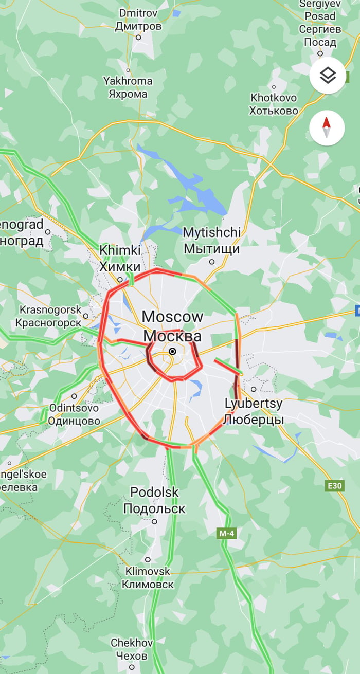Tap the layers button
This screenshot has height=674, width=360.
tap(328, 76)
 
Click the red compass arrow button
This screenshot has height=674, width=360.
tap(327, 127)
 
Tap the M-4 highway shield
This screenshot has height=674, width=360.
tap(227, 534)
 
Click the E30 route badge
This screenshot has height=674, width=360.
tap(335, 486)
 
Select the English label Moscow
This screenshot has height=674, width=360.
tap(172, 317)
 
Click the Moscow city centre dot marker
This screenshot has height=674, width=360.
tap(172, 351)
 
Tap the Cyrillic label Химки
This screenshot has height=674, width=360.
tap(120, 267)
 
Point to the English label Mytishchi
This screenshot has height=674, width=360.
tap(212, 232)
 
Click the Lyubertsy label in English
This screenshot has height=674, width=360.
tap(254, 404)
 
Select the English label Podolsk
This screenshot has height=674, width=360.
tap(154, 492)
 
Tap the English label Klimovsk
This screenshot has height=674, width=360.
tap(148, 571)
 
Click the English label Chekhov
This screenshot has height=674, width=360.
tap(132, 643)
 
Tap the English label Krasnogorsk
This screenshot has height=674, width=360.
tap(50, 309)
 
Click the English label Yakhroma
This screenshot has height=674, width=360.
tap(128, 81)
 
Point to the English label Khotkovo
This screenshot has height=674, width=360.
tap(274, 97)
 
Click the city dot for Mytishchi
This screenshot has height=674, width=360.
tap(212, 262)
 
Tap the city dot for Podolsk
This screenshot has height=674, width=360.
tap(154, 521)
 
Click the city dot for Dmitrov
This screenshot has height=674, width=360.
tap(138, 37)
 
